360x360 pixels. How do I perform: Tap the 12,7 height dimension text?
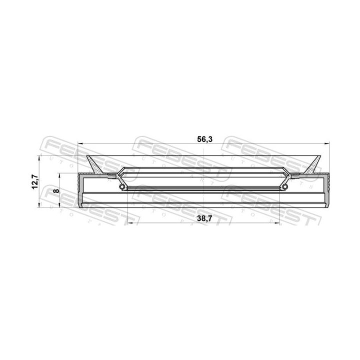point(34,181)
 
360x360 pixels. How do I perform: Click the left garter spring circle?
point(122,187)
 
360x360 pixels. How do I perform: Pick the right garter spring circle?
point(285,187)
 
